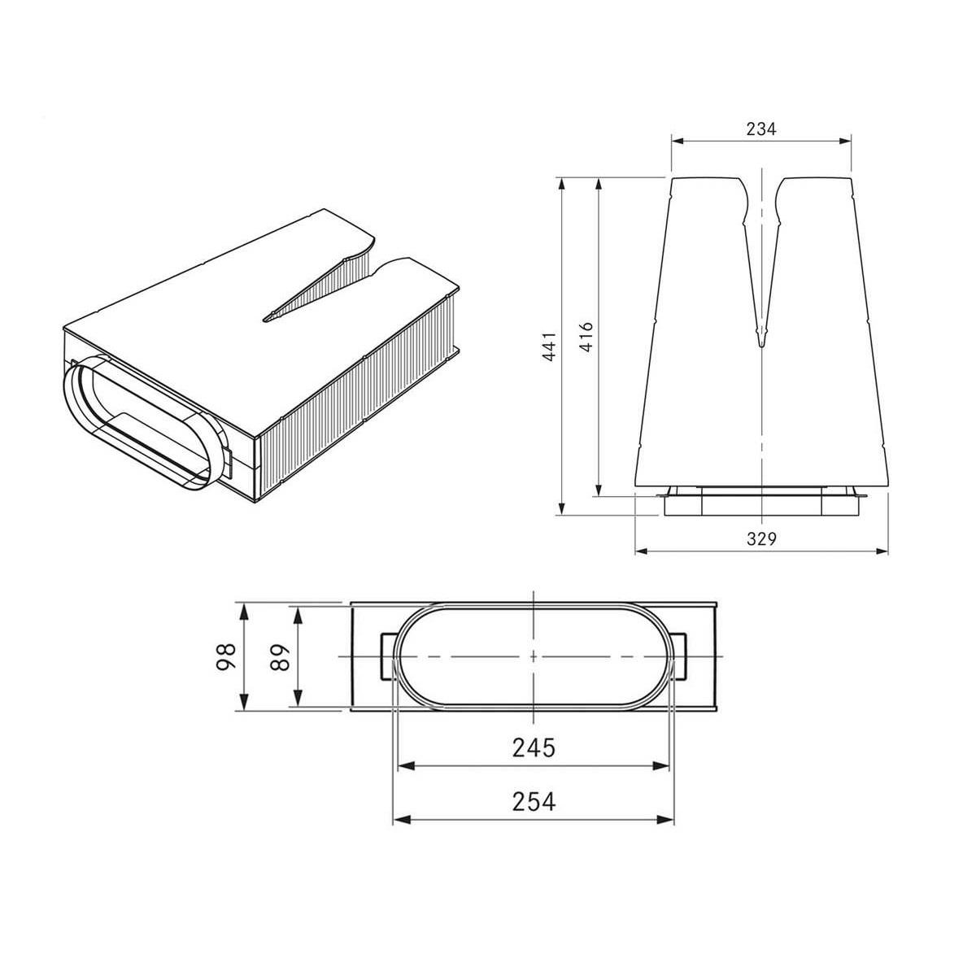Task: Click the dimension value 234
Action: (760, 129)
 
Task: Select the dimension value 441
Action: (550, 346)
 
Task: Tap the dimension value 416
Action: (586, 337)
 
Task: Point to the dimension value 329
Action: (760, 539)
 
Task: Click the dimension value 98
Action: (226, 657)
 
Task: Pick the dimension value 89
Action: (279, 657)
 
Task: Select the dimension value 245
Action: (534, 747)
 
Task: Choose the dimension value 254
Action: (534, 802)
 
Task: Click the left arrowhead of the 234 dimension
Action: (678, 142)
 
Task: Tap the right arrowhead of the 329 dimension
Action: (881, 551)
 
